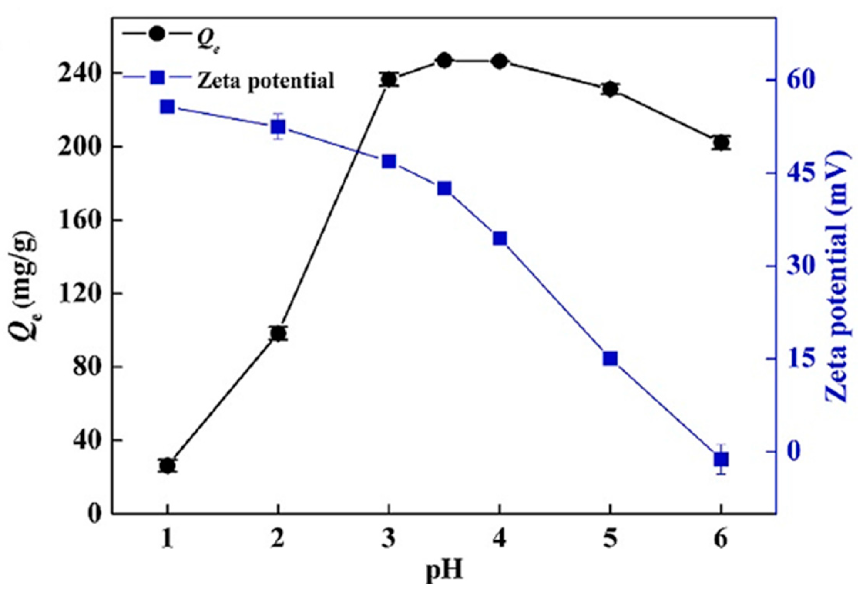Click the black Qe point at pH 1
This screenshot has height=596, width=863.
[x=167, y=466]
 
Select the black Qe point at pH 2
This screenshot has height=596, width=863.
[x=278, y=333]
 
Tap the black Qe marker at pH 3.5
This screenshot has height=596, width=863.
[x=444, y=61]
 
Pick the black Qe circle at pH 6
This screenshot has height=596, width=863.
[x=721, y=143]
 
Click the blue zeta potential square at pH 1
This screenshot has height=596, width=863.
[x=167, y=107]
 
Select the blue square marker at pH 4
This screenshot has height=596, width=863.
[x=500, y=239]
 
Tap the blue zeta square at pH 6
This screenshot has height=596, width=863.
[x=721, y=460]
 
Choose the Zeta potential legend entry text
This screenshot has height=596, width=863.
[x=265, y=81]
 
